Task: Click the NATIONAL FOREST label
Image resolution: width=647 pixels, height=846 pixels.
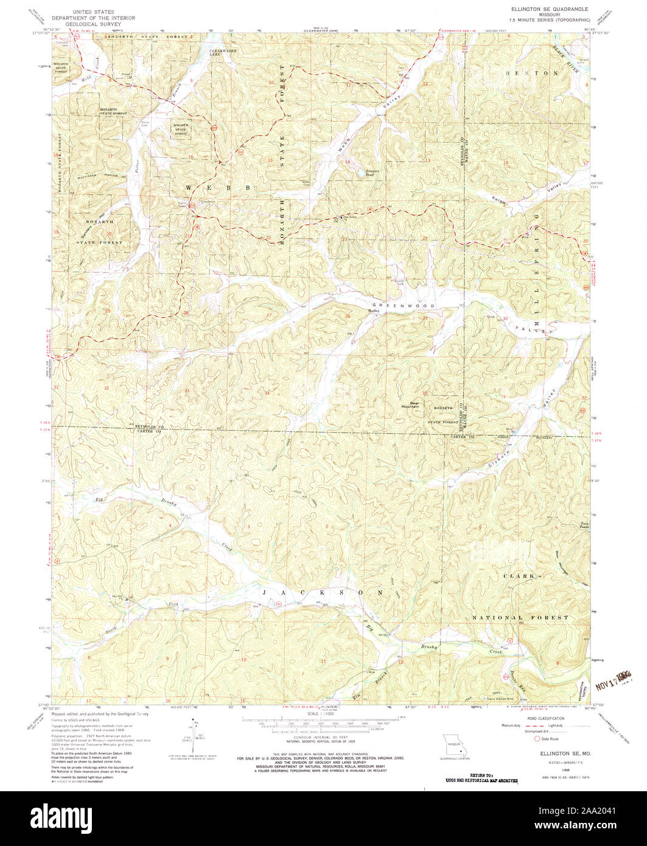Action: click(x=520, y=617)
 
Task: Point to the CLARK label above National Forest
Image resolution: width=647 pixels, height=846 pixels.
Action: click(x=519, y=575)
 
